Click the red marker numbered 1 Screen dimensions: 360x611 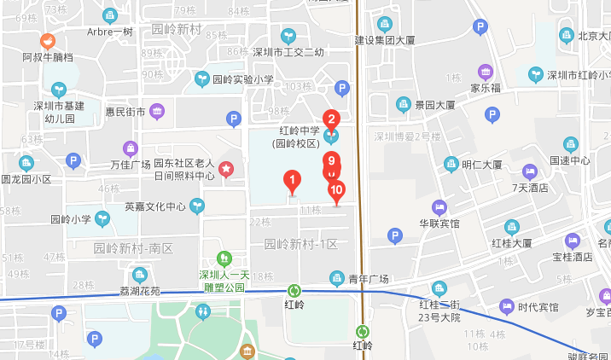click(x=292, y=181)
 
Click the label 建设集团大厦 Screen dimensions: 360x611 click(x=385, y=39)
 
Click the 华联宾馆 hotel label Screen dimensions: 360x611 click(x=439, y=224)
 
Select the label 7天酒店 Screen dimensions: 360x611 click(x=529, y=188)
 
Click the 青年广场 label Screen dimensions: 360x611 click(x=369, y=278)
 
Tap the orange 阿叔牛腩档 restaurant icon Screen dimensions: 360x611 click(x=48, y=40)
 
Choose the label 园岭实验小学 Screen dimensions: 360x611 click(x=243, y=79)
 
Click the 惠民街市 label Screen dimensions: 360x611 click(x=125, y=111)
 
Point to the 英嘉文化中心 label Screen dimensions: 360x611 click(x=155, y=206)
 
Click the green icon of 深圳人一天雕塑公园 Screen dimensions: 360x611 click(x=224, y=258)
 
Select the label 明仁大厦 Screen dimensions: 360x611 click(x=481, y=165)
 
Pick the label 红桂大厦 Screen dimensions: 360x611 click(x=512, y=243)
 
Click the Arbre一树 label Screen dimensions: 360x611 click(x=110, y=32)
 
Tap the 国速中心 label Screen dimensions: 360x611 click(x=570, y=160)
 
